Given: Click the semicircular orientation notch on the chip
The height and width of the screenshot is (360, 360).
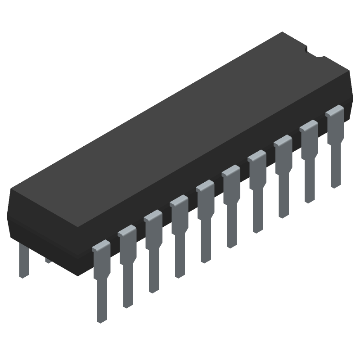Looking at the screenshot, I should (315, 52).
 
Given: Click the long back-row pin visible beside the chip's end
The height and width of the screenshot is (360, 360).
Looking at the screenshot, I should (23, 261).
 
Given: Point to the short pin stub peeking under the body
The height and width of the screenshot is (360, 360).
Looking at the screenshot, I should (47, 261).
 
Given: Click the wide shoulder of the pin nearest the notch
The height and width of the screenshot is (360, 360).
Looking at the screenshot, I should (334, 119).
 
